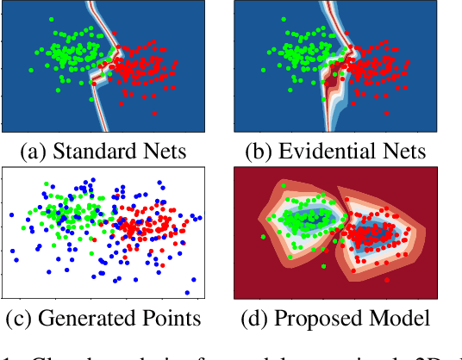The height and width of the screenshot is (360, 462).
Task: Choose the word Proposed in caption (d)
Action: (315, 318)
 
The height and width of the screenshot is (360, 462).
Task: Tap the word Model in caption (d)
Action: (396, 318)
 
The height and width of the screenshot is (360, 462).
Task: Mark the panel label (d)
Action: (258, 318)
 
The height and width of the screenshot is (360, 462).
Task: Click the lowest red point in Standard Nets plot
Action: (156, 112)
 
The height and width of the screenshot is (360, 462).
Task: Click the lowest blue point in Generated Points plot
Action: (187, 292)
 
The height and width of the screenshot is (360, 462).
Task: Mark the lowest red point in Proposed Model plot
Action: (386, 280)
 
